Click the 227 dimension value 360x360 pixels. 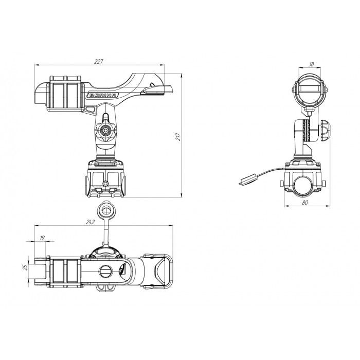99,62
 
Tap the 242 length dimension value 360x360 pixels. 90,222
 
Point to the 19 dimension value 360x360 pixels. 42,238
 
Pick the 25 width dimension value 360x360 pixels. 25,267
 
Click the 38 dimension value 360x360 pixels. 311,64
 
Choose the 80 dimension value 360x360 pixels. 305,202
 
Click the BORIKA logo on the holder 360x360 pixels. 103,95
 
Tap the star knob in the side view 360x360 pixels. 105,130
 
